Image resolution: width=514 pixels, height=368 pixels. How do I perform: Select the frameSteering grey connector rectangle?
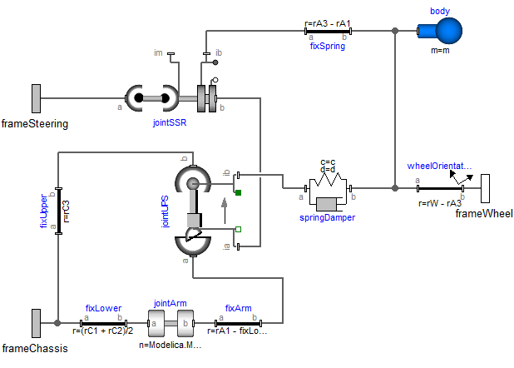(x=37, y=98)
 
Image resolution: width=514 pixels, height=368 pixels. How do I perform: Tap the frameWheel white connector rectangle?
(x=484, y=188)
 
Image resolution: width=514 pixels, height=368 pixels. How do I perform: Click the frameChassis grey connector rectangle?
(x=37, y=322)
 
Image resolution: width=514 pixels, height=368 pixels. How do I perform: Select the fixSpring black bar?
(x=329, y=32)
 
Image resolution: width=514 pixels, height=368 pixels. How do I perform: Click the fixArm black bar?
(x=239, y=322)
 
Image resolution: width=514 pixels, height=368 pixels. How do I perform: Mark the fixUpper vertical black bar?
(x=58, y=211)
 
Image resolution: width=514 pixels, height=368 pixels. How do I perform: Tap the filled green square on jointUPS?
(x=239, y=194)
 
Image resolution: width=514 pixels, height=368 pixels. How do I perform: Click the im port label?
(x=158, y=52)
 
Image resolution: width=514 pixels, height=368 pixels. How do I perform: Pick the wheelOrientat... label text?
(x=439, y=166)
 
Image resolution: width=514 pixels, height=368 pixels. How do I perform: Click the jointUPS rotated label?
(x=166, y=211)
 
